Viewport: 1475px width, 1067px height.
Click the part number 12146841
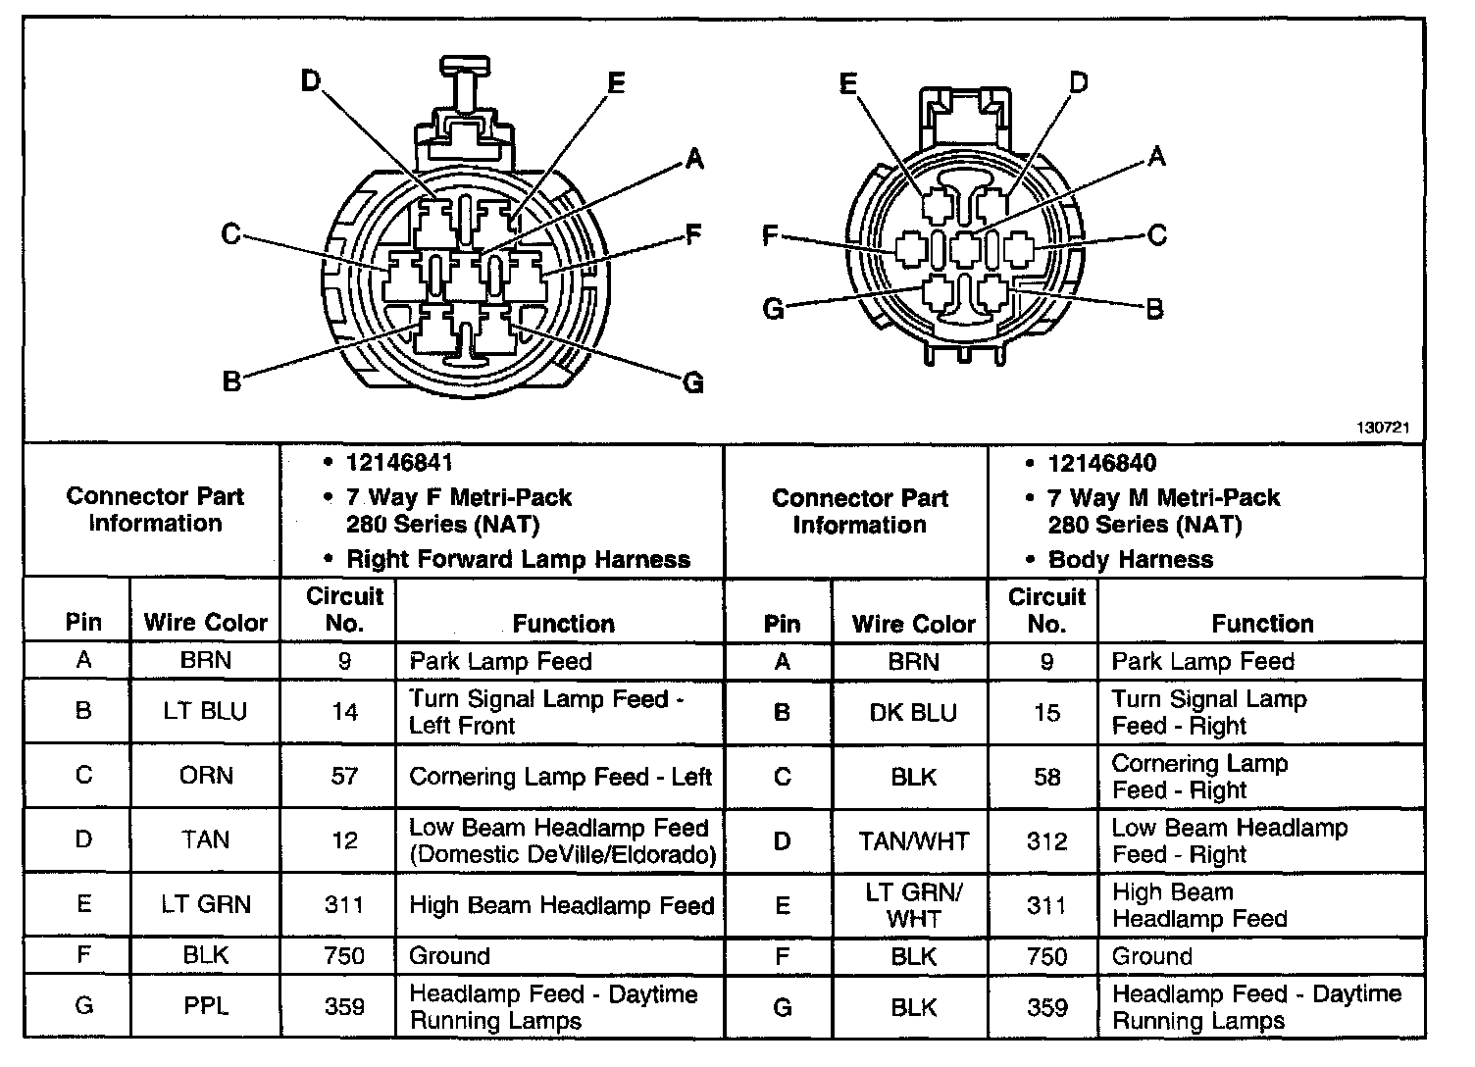point(399,463)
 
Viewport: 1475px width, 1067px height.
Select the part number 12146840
point(1101,463)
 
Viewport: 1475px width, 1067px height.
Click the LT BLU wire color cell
point(205,712)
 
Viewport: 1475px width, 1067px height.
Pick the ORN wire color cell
point(206,776)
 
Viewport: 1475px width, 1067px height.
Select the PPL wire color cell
point(205,1006)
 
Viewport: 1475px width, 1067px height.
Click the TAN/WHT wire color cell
point(913,840)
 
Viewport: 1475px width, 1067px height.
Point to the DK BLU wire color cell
point(913,713)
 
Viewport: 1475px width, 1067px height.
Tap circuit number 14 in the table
point(344,712)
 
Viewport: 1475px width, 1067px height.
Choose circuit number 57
point(344,776)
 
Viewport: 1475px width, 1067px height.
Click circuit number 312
point(1046,840)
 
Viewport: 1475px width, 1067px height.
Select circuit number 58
point(1046,777)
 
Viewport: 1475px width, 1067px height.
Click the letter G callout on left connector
point(692,381)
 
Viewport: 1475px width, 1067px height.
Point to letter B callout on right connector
point(1154,309)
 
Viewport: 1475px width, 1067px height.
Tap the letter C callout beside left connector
point(230,234)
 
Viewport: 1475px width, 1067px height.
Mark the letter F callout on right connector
point(771,235)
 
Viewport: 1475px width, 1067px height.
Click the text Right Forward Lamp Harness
point(518,560)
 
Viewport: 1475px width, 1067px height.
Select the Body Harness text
point(1130,560)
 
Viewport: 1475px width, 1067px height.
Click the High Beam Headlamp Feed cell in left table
point(561,905)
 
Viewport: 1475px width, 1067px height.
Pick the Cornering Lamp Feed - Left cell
point(560,777)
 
